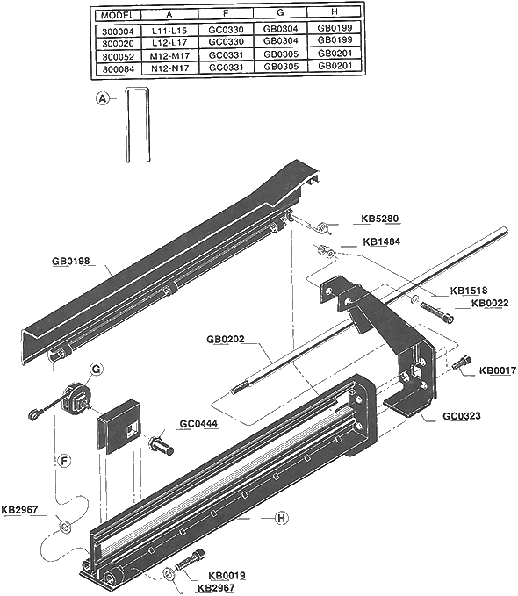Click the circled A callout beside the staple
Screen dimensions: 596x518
click(103, 99)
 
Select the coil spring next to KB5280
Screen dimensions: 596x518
click(323, 226)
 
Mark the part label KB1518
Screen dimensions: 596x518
click(469, 291)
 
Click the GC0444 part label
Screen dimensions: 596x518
click(199, 425)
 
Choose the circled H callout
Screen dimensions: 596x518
click(282, 518)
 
